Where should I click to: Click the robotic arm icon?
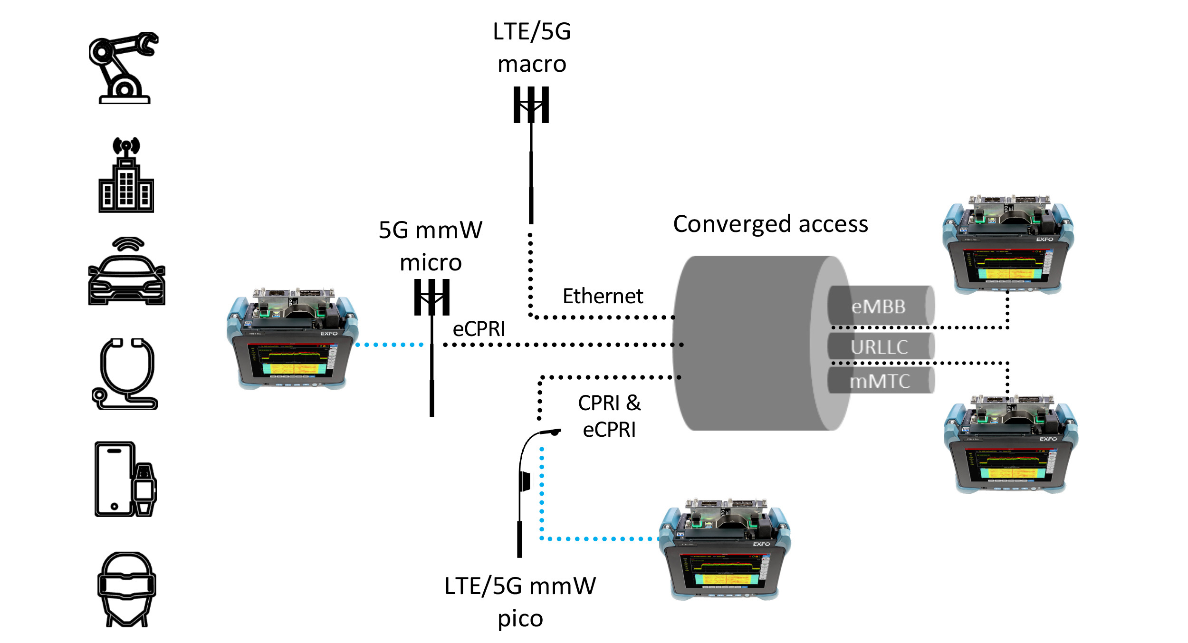124,67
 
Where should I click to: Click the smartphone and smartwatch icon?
125,479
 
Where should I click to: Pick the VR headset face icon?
126,589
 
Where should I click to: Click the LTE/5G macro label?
532,48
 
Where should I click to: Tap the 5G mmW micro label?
430,246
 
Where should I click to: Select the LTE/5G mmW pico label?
520,602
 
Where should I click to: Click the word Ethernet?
603,296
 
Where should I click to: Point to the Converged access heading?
770,224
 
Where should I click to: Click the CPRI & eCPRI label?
609,416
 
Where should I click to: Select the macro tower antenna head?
531,105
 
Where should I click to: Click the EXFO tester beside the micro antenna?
292,338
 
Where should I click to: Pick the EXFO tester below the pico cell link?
725,549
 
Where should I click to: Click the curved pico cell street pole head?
551,432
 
